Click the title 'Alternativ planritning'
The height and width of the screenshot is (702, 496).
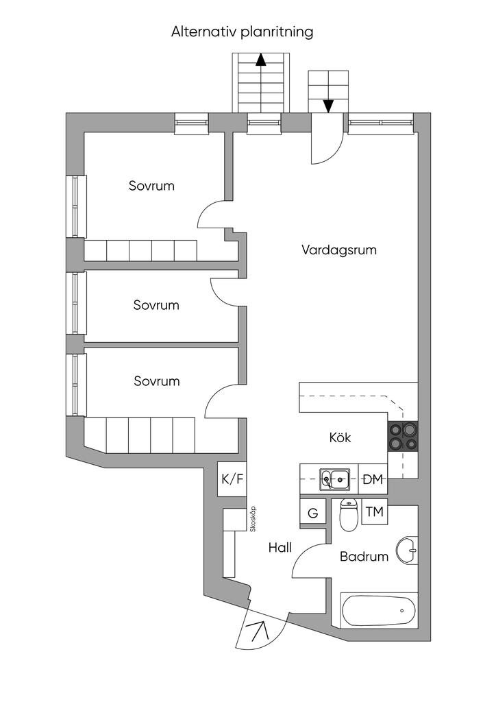pos(242,32)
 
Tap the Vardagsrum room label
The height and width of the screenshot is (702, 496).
pos(339,250)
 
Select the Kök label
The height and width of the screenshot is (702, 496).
pos(340,437)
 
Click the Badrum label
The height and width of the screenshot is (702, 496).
pos(364,557)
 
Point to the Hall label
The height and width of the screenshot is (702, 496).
pos(280,548)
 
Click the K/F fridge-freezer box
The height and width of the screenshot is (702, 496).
pos(232,479)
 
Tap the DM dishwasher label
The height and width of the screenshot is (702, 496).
pos(372,479)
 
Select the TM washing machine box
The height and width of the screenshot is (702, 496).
pos(374,512)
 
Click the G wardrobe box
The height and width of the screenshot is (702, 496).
pos(313,513)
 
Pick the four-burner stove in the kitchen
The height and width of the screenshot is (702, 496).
pos(403,436)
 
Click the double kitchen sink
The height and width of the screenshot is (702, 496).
pos(335,479)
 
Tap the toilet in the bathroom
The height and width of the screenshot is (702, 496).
pos(349,516)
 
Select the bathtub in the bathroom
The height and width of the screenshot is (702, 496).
pos(377,609)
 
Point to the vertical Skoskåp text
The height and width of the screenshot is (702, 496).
pos(253,520)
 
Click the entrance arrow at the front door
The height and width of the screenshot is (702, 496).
pos(260,631)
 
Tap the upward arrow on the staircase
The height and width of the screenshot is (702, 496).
pos(261,60)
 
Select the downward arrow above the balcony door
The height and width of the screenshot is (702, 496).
pos(328,105)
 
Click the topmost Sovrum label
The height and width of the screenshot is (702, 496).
pos(151,186)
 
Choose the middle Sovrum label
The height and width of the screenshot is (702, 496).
pos(156,305)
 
